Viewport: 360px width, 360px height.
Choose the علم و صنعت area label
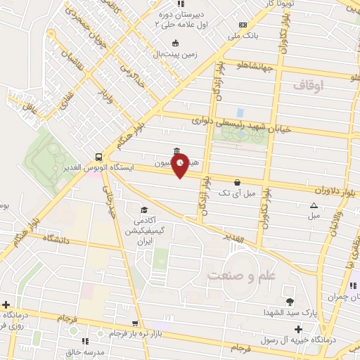tap(240, 275)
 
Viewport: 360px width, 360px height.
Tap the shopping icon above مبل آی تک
tap(236, 181)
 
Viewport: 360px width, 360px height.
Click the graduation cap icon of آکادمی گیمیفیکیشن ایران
tap(144, 210)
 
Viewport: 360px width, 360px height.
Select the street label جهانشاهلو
tap(257, 66)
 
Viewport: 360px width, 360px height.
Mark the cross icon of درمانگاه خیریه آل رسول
tap(298, 329)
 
